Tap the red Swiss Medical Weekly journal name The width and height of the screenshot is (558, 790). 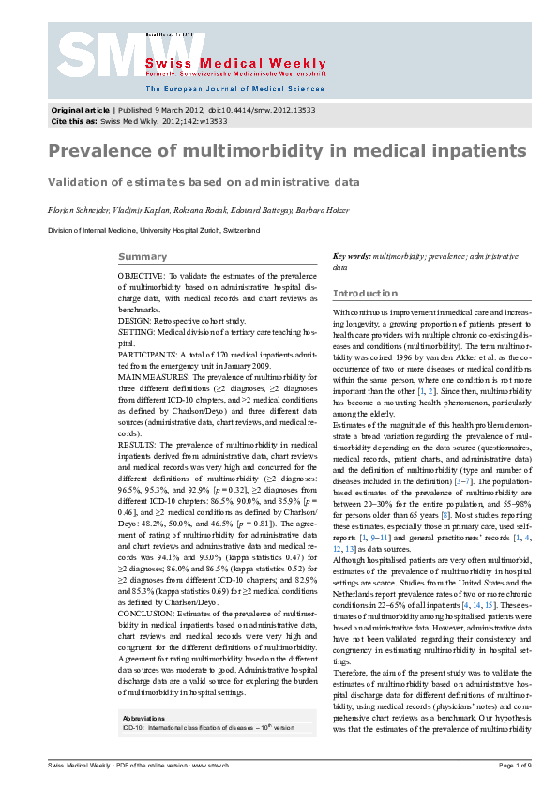[235, 63]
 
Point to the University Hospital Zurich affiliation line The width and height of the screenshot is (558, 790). [154, 229]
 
